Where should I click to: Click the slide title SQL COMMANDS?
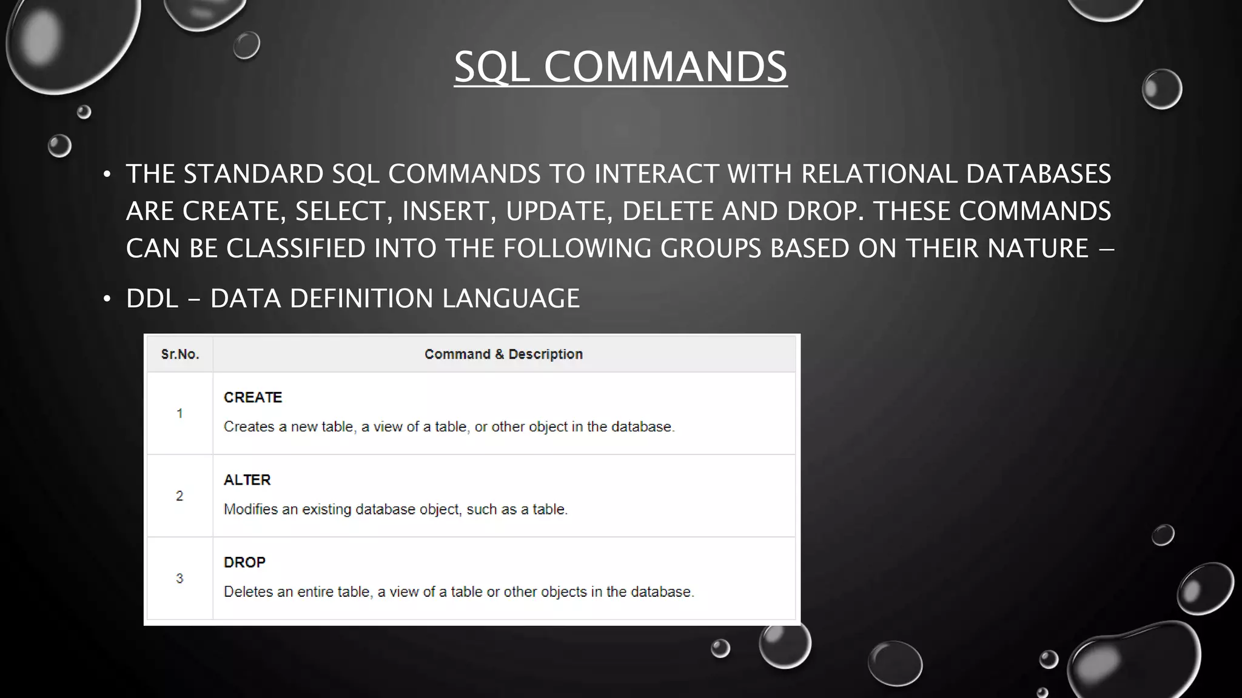pyautogui.click(x=620, y=67)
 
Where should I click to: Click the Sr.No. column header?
pyautogui.click(x=180, y=354)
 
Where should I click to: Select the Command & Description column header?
pyautogui.click(x=503, y=354)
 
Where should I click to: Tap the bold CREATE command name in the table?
pyautogui.click(x=253, y=397)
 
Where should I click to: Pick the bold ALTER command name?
pyautogui.click(x=247, y=480)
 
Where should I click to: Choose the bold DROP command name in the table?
pyautogui.click(x=244, y=562)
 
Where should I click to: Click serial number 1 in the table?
pyautogui.click(x=180, y=413)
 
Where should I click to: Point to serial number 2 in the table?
pyautogui.click(x=180, y=496)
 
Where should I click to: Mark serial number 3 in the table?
pyautogui.click(x=180, y=578)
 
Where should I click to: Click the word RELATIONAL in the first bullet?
pyautogui.click(x=879, y=174)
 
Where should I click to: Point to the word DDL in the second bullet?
pyautogui.click(x=152, y=299)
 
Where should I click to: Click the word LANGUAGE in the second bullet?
pyautogui.click(x=511, y=299)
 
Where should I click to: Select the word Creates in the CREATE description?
pyautogui.click(x=249, y=427)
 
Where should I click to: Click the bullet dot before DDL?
pyautogui.click(x=107, y=299)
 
